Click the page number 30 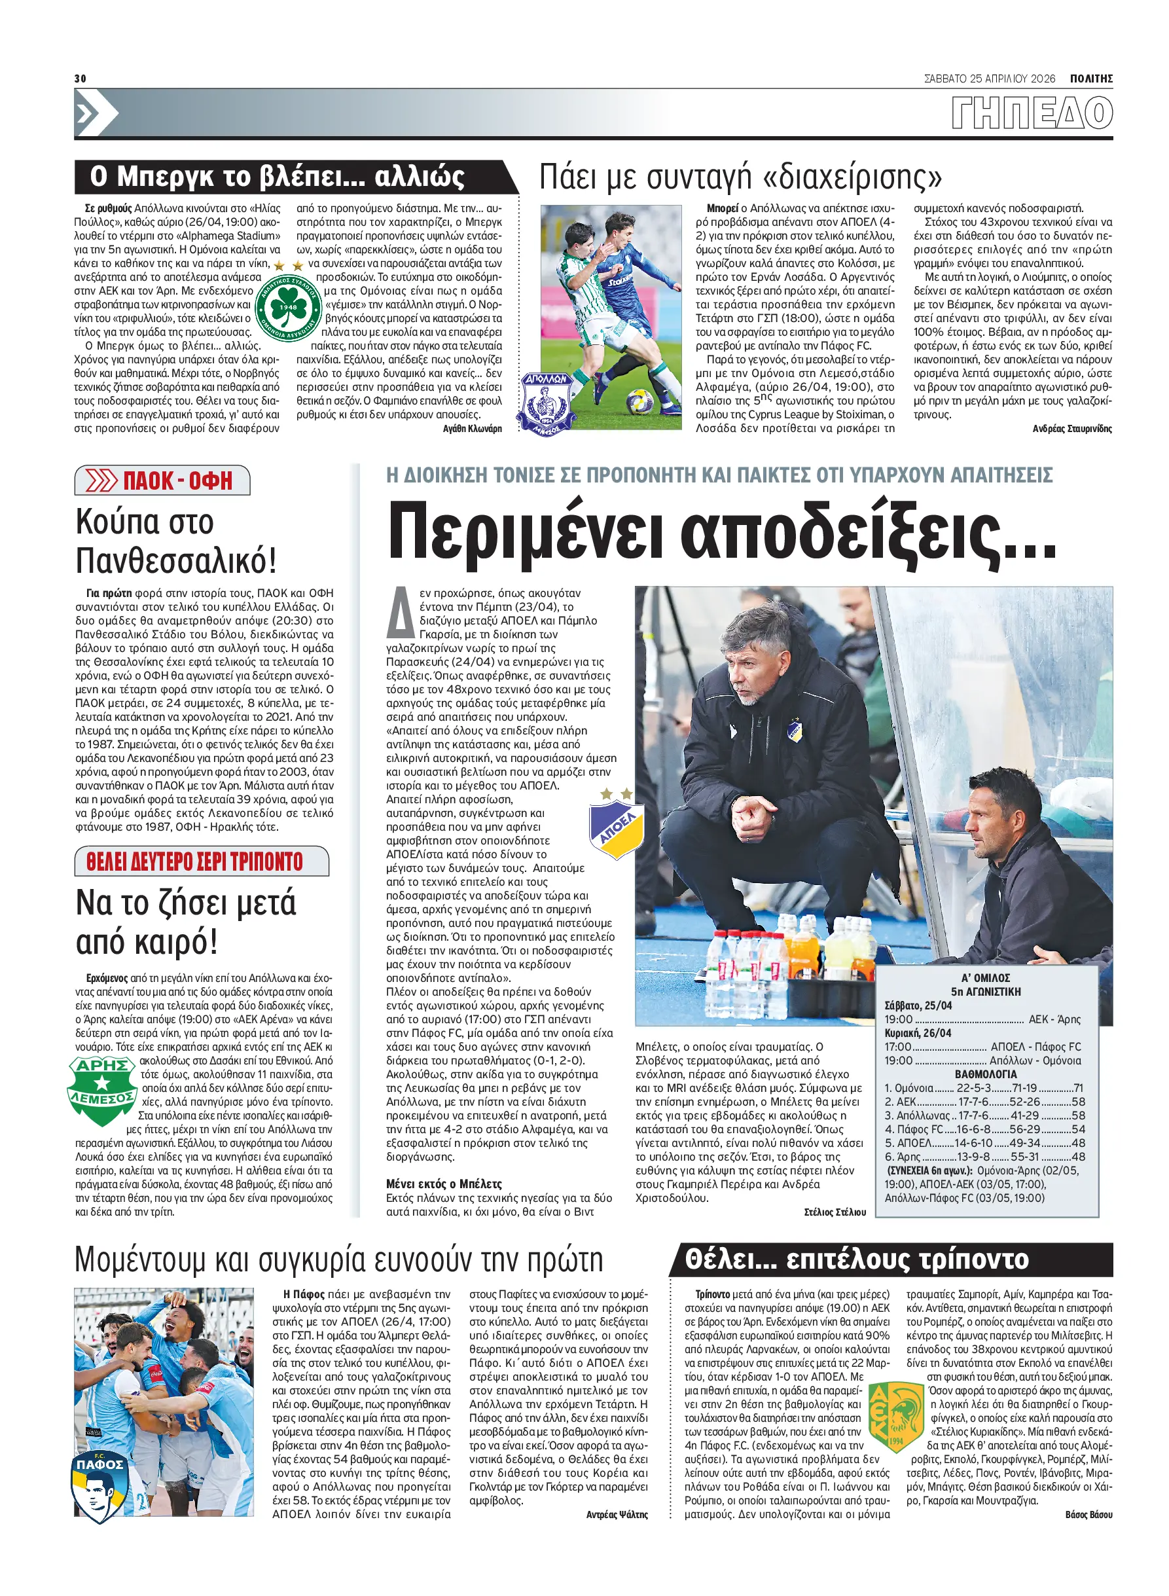80,79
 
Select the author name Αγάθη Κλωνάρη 472,428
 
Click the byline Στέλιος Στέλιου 835,1212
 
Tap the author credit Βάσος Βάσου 1088,1515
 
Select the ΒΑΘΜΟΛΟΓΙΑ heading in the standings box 985,1074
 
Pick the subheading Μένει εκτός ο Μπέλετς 444,1184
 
